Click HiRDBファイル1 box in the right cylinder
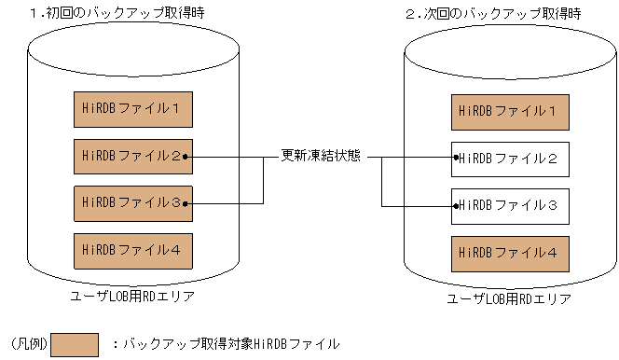(x=508, y=111)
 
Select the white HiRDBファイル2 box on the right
(x=508, y=159)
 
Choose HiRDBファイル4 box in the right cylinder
(x=508, y=252)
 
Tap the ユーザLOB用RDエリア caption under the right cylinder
(x=508, y=299)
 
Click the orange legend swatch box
(x=75, y=344)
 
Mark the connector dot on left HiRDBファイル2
(x=187, y=157)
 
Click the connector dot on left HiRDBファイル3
(x=187, y=202)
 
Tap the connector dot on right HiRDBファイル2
(x=455, y=159)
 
